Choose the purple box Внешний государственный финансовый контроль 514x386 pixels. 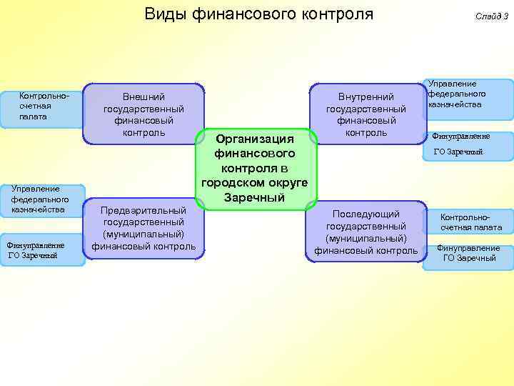coord(143,114)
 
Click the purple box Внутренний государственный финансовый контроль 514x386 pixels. coord(366,114)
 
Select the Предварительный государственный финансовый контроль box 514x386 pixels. coord(143,229)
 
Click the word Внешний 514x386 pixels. coord(144,96)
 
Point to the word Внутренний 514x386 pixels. coord(366,96)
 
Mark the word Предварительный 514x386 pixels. coord(143,211)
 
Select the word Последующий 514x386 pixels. coord(366,214)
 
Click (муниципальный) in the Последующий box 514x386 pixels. coord(366,238)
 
